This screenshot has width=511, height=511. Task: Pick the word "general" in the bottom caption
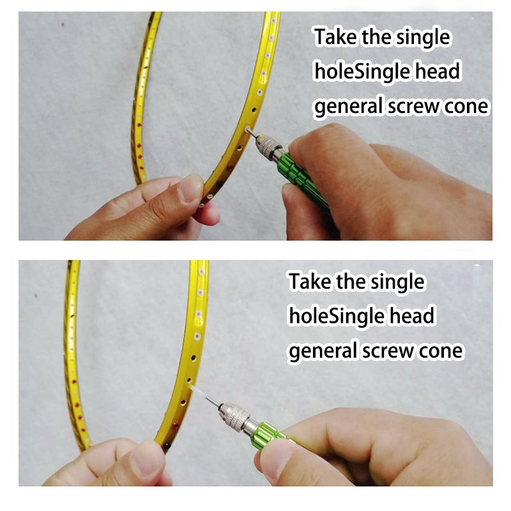click(323, 351)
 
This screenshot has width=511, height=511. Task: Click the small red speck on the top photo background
click(63, 24)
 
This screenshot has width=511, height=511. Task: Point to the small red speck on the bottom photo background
click(36, 296)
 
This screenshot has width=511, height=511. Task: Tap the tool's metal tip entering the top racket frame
click(252, 132)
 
